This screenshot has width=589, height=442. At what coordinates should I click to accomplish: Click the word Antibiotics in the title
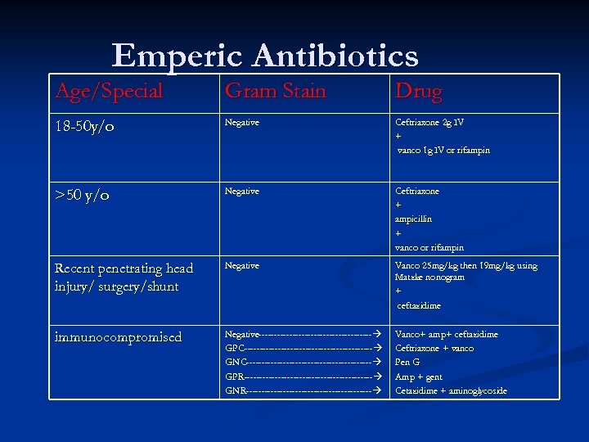click(x=335, y=56)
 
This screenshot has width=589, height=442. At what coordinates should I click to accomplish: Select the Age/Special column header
click(x=109, y=91)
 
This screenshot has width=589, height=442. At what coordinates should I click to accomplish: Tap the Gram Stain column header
click(x=275, y=91)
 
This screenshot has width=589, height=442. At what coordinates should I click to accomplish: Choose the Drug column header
click(x=418, y=91)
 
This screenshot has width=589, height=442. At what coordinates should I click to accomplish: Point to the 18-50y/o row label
click(x=86, y=127)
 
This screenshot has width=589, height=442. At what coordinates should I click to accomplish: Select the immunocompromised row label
click(x=118, y=337)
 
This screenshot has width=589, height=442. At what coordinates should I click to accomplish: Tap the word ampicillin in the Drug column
click(x=414, y=219)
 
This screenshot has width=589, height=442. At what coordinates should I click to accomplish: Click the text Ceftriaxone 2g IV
click(x=429, y=122)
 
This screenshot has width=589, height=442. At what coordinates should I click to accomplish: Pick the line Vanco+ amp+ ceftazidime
click(x=446, y=334)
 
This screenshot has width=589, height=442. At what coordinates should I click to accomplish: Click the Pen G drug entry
click(x=407, y=363)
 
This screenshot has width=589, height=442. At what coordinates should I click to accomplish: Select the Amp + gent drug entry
click(x=418, y=377)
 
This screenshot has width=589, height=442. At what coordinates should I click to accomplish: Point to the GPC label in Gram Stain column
click(x=234, y=349)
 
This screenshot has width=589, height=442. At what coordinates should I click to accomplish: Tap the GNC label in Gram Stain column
click(x=235, y=363)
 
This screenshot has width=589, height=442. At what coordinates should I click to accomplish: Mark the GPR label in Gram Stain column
click(x=234, y=377)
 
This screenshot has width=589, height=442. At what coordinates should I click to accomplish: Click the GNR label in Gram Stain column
click(x=235, y=390)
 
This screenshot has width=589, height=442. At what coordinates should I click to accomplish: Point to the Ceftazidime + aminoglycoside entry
click(x=451, y=390)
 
